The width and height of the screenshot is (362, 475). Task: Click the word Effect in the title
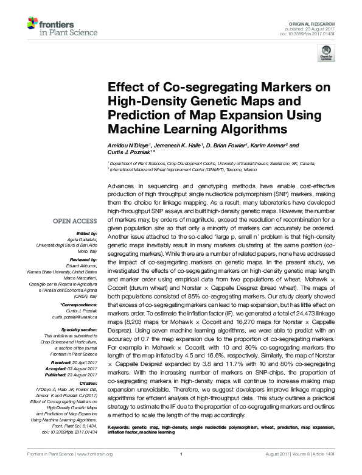[x=124, y=87]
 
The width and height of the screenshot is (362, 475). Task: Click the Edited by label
[x=88, y=234]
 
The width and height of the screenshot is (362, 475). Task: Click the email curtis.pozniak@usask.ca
[x=78, y=317]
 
